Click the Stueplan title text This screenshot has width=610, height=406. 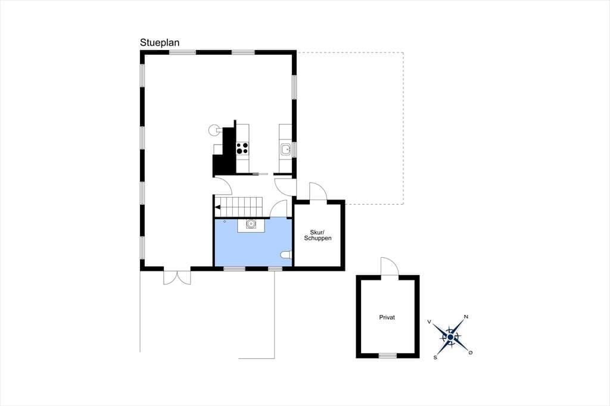point(160,43)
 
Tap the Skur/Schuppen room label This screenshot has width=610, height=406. point(318,235)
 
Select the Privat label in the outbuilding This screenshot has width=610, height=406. point(387,317)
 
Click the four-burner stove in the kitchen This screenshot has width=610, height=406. point(242,148)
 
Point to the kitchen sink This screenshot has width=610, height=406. point(286,149)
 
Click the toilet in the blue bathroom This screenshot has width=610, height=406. point(286,255)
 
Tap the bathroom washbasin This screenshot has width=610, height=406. point(251,224)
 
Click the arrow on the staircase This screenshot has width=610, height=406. point(218,207)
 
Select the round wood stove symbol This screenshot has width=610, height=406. point(214,130)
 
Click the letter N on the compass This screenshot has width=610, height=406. point(466,317)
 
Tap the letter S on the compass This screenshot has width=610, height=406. point(435,357)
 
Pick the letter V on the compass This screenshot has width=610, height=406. point(429,321)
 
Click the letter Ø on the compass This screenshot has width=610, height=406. point(471,352)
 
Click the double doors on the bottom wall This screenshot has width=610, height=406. point(177,276)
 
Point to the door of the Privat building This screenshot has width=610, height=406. point(390,266)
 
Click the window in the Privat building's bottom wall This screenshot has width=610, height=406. point(388,355)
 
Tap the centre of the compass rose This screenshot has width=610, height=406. point(450,337)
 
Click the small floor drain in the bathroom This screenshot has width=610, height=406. point(225,221)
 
